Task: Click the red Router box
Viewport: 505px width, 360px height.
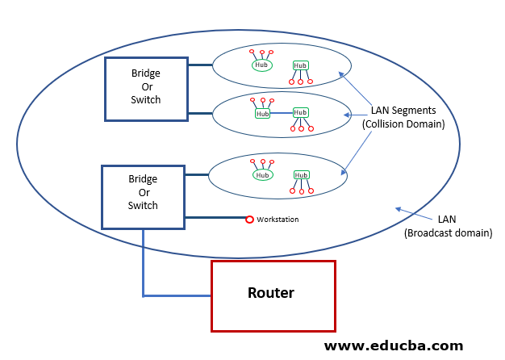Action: click(x=273, y=295)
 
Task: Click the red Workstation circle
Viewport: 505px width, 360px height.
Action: click(x=250, y=219)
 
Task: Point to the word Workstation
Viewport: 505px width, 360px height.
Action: click(x=277, y=220)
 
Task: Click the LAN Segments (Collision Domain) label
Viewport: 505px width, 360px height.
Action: click(x=403, y=117)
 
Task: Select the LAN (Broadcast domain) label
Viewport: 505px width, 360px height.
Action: click(x=448, y=226)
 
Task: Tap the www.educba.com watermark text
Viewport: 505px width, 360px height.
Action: click(x=394, y=345)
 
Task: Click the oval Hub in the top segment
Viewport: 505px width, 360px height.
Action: click(x=261, y=65)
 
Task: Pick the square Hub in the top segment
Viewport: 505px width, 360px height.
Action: click(x=300, y=65)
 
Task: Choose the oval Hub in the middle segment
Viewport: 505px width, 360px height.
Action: click(x=262, y=114)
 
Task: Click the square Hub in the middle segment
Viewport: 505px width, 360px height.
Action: click(x=300, y=113)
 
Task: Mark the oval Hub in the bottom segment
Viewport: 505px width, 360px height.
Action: click(x=262, y=174)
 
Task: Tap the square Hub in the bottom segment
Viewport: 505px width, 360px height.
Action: click(x=301, y=174)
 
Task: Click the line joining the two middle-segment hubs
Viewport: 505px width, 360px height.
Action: click(x=281, y=114)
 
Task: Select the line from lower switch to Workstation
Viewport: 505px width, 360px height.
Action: click(x=215, y=218)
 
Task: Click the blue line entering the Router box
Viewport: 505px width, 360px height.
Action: click(x=177, y=296)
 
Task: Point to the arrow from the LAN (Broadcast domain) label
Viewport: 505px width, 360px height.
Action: click(x=415, y=215)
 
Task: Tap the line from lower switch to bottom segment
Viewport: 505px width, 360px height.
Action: click(x=197, y=174)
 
